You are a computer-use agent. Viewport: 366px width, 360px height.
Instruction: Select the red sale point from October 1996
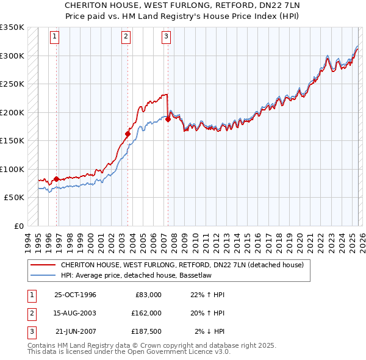(x=57, y=179)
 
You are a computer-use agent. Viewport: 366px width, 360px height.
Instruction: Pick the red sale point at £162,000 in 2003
(x=128, y=134)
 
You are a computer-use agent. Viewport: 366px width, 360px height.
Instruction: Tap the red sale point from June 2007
(x=168, y=120)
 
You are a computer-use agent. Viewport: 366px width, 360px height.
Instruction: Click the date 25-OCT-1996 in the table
(x=75, y=295)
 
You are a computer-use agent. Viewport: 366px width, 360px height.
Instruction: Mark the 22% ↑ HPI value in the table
(x=207, y=295)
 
